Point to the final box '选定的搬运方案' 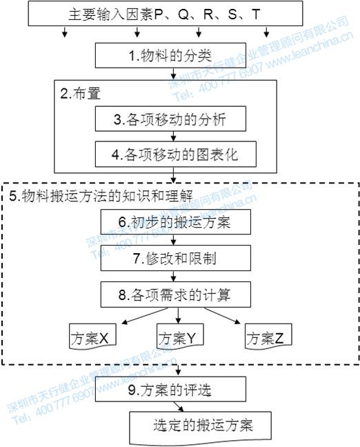[x=202, y=426]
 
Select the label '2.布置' [x=77, y=94]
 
